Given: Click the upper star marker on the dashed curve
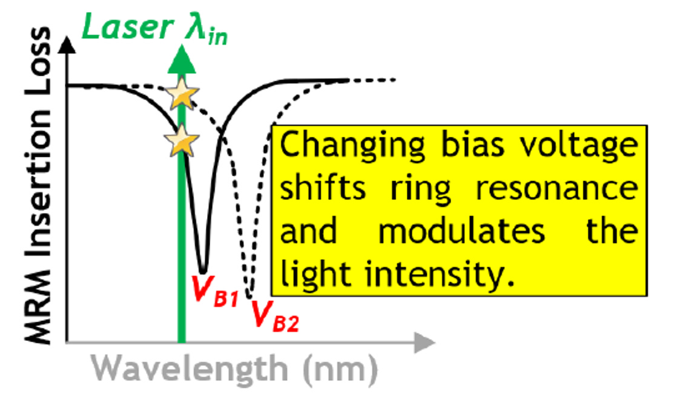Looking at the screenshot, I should click(x=182, y=95).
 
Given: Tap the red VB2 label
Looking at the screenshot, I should click(x=274, y=314).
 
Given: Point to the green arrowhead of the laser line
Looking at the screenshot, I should click(x=181, y=59).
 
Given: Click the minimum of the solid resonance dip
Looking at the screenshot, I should click(x=203, y=271).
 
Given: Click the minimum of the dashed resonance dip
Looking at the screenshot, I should click(x=249, y=294).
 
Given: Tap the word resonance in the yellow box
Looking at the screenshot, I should click(x=556, y=190).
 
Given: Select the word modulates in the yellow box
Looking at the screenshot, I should click(x=461, y=233).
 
